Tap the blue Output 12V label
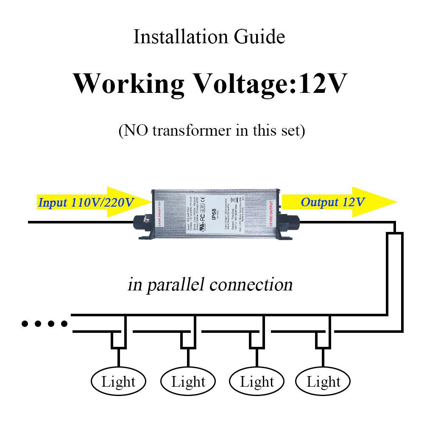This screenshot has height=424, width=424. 332,202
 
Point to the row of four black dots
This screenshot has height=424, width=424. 45,324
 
